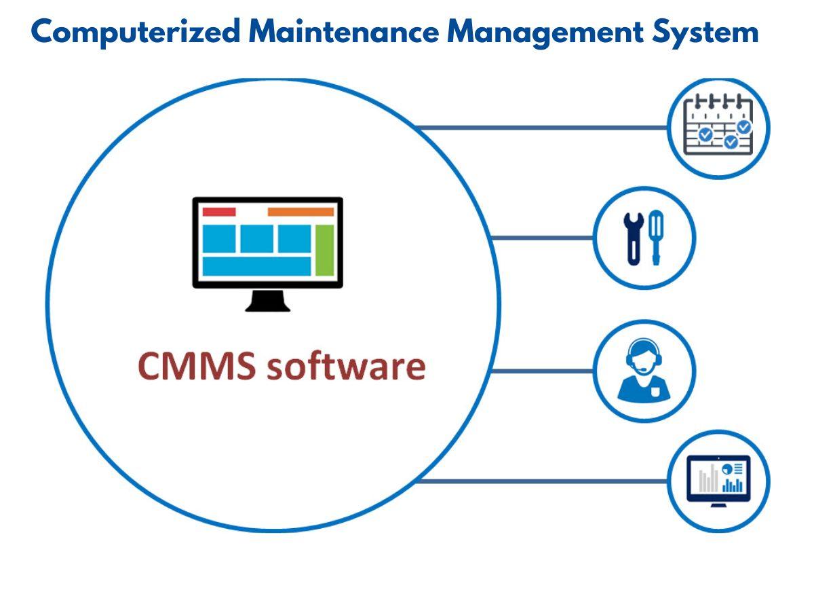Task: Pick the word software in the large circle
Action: [346, 366]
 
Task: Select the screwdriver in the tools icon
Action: [655, 238]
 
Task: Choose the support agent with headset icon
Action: [644, 371]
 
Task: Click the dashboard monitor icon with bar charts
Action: [718, 481]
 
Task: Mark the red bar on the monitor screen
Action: [219, 212]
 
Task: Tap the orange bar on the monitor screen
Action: [301, 212]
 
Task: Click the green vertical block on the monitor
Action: [325, 250]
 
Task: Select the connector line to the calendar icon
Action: [543, 128]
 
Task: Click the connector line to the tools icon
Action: [543, 238]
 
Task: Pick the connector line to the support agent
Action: [543, 371]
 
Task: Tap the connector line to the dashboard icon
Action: [543, 481]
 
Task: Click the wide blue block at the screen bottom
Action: [256, 266]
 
